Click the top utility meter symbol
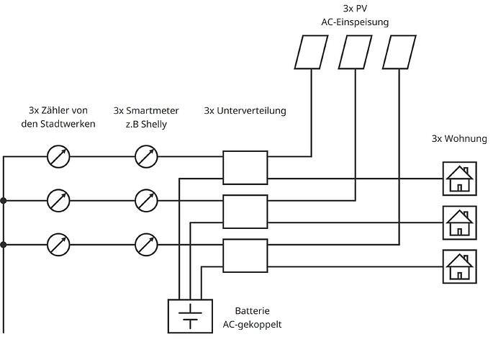(58, 156)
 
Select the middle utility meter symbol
(58, 200)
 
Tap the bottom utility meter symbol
(58, 245)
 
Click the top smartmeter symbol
(147, 156)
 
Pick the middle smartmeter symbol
(147, 200)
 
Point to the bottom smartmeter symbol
(147, 245)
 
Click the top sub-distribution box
(245, 167)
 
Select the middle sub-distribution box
(245, 211)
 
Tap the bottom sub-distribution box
(245, 256)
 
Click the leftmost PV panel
(311, 52)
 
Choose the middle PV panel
(355, 52)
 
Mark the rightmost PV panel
(399, 52)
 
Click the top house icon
(459, 178)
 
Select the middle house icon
(459, 222)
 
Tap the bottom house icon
(459, 266)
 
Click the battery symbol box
(190, 315)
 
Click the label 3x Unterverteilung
(245, 111)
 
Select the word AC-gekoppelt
(253, 324)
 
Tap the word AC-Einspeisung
(355, 22)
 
